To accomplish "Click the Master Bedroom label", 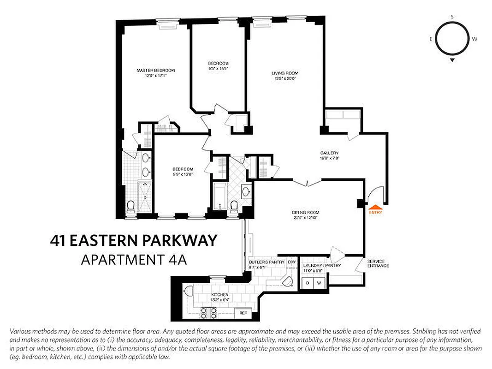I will click(156, 70).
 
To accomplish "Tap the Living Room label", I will click(284, 73).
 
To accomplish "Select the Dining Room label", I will click(305, 212).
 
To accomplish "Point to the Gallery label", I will click(330, 153).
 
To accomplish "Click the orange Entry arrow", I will click(375, 208).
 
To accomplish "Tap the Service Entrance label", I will click(378, 263).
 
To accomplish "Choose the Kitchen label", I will click(220, 294).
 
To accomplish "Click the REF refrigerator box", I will click(243, 312).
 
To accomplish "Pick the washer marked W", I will click(319, 282).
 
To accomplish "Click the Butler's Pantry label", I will click(263, 262).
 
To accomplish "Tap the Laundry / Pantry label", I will click(322, 266).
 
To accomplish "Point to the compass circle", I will click(452, 39).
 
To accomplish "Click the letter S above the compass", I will click(452, 17).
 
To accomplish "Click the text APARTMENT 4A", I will click(133, 260).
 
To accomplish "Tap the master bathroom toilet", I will click(130, 206).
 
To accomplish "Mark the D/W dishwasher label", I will click(292, 262).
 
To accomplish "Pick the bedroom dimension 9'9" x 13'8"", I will click(183, 174).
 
